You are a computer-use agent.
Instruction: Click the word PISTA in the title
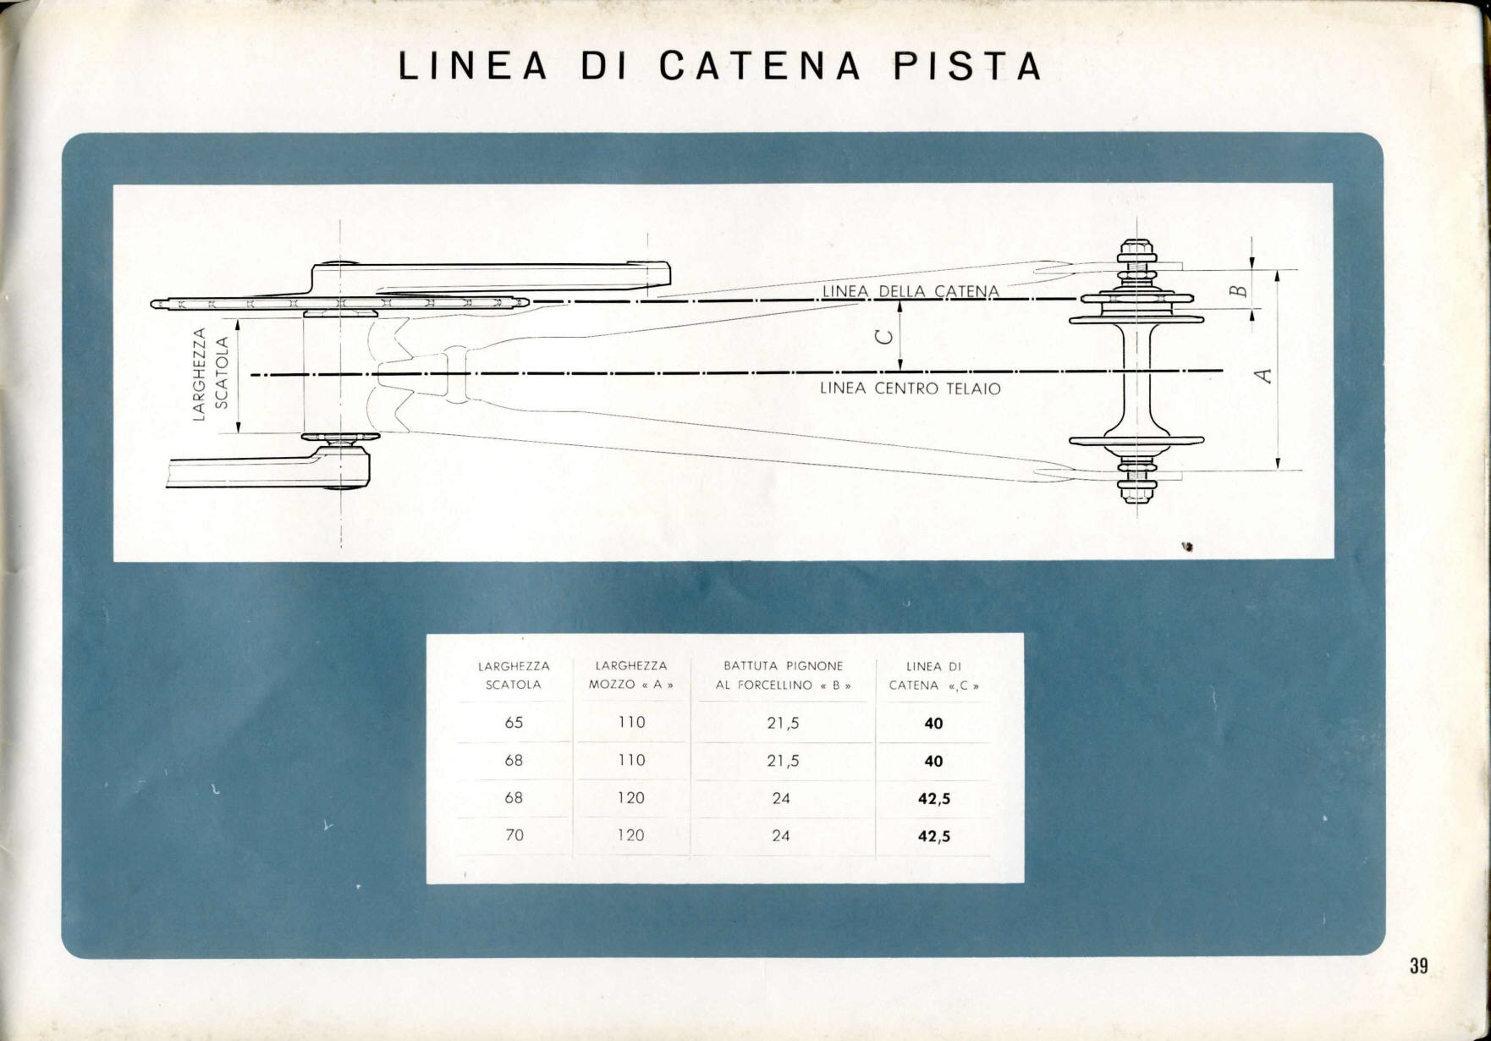tap(968, 66)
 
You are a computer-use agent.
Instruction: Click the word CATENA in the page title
tap(759, 66)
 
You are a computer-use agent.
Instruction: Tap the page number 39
tap(1419, 966)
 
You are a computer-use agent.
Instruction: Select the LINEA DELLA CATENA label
tap(911, 291)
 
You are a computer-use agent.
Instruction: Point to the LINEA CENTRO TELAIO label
tap(911, 388)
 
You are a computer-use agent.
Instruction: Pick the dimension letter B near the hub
tap(1237, 291)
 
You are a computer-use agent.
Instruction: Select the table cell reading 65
tap(514, 723)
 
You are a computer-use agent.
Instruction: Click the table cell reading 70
tap(514, 835)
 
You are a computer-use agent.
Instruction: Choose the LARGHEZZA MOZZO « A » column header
tap(631, 675)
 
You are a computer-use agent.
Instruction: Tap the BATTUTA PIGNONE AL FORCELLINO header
tap(783, 675)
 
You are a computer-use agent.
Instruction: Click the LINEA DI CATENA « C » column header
tap(933, 675)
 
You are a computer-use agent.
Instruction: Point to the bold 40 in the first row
tap(933, 724)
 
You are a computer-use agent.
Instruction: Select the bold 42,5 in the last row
tap(934, 836)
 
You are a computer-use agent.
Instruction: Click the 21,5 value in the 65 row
tap(783, 724)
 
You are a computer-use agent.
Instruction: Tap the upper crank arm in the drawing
tap(491, 277)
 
